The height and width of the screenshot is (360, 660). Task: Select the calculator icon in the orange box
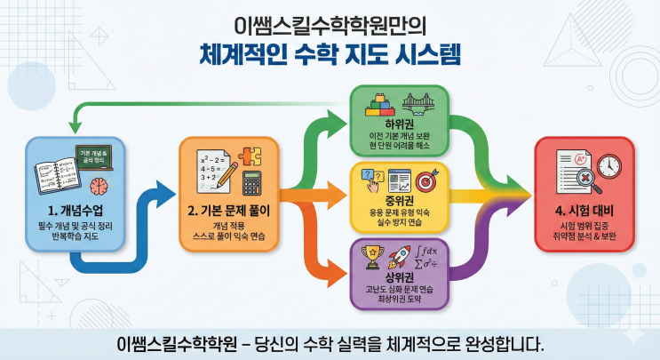tap(251, 184)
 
